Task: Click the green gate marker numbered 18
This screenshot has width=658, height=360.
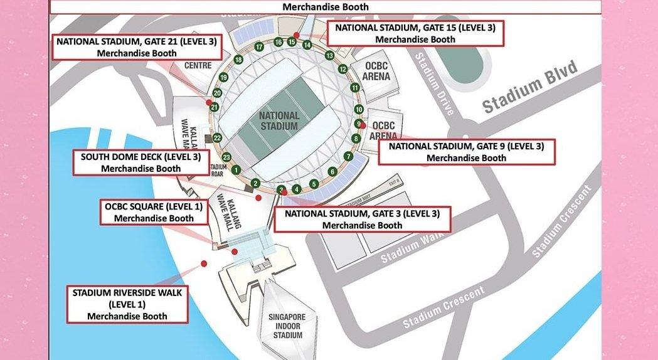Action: (x=238, y=60)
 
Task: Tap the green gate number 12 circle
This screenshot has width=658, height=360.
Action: (x=342, y=69)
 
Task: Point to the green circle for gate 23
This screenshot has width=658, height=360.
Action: (x=226, y=157)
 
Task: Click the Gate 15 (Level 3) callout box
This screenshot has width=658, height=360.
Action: (x=415, y=33)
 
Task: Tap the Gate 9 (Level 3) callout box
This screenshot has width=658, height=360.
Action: (x=466, y=152)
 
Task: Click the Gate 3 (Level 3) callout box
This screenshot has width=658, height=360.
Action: (x=363, y=220)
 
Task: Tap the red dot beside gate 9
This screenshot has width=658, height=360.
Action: (x=363, y=125)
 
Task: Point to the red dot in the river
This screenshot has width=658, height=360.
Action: (x=203, y=263)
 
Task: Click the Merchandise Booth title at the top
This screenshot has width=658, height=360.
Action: (x=326, y=7)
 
